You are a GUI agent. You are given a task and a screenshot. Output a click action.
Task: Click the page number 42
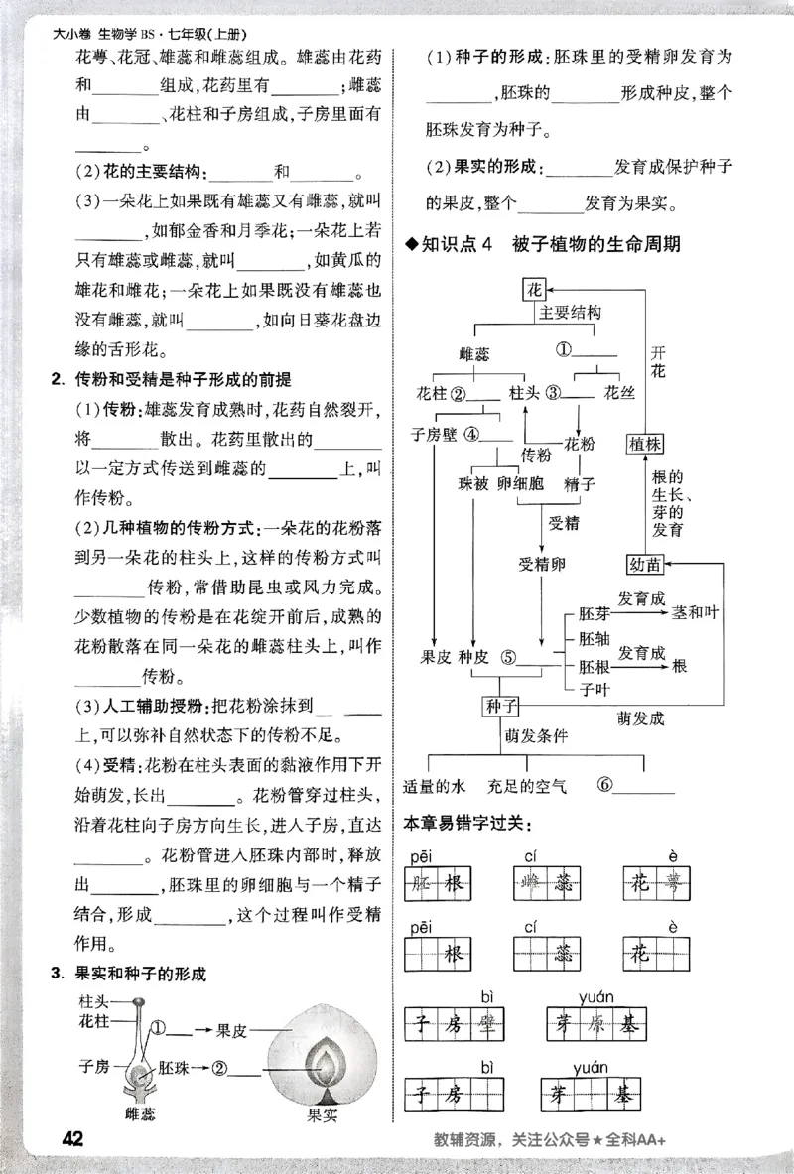70,1138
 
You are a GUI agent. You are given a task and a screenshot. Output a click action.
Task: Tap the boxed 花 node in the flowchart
535,290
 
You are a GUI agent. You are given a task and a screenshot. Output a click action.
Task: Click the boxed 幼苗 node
645,565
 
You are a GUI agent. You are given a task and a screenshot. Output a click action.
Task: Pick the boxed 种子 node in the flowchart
502,706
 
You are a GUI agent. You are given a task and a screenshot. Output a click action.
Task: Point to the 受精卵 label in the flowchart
542,564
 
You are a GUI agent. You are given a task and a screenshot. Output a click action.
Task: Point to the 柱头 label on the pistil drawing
94,1003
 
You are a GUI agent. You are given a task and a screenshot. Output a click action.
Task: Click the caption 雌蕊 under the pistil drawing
136,1115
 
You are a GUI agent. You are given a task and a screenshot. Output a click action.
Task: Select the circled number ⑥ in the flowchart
605,785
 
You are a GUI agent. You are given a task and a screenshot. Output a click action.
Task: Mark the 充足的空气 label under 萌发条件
527,786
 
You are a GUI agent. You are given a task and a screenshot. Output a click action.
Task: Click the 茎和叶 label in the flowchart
694,611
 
